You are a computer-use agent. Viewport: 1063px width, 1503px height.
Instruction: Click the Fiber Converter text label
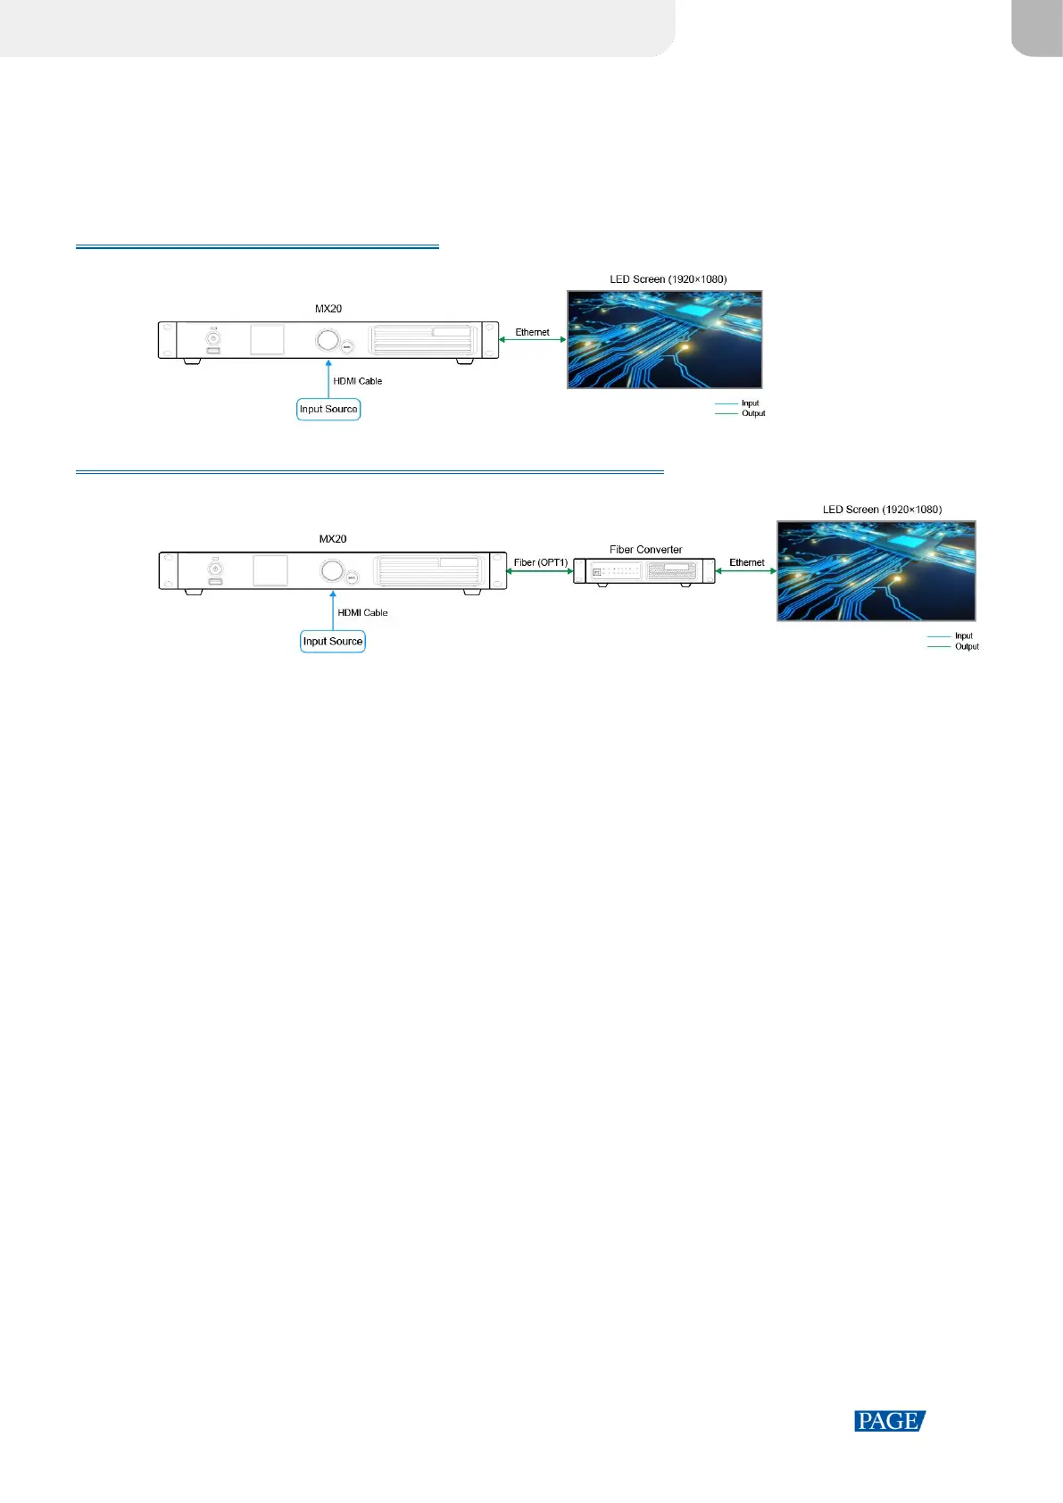(645, 550)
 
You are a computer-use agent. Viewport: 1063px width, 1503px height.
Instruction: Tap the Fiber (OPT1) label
(540, 562)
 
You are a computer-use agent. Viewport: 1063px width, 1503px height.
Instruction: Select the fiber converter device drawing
(644, 571)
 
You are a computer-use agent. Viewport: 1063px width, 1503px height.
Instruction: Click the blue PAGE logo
(889, 1421)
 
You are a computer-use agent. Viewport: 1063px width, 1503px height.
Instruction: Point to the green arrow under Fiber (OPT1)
(539, 571)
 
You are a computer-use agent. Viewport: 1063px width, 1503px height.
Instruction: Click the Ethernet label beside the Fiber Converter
(746, 562)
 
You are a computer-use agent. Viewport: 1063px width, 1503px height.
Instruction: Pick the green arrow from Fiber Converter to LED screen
(746, 571)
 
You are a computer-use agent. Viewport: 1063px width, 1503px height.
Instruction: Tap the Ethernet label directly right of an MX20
(532, 332)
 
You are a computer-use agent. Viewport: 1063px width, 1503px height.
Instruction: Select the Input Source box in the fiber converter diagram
(333, 641)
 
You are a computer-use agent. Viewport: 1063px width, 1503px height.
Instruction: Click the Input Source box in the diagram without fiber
(328, 409)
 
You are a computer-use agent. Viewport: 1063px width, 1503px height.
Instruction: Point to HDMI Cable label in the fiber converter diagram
(362, 612)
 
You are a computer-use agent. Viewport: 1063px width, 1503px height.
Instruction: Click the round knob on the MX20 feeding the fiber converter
(332, 570)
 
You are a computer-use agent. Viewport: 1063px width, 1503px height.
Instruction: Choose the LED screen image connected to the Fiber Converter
(876, 571)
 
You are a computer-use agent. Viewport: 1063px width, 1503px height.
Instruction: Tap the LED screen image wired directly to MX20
(665, 339)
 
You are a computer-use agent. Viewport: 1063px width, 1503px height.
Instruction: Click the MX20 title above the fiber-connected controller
(333, 539)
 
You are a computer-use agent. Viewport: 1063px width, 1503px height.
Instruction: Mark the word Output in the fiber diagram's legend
(967, 646)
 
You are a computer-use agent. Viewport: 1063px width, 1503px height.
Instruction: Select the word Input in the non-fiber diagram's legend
(750, 403)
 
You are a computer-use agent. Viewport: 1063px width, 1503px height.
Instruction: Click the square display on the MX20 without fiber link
(267, 339)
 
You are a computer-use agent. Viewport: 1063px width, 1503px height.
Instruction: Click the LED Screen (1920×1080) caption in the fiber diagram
(882, 510)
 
